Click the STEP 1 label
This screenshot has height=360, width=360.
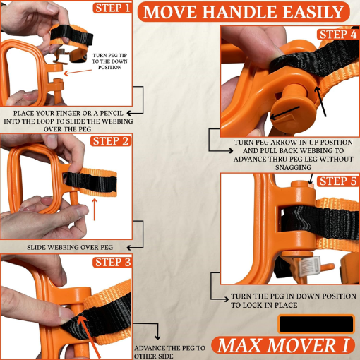(x=112, y=9)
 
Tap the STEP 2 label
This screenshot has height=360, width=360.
(x=111, y=140)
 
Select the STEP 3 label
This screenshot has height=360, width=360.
(x=111, y=263)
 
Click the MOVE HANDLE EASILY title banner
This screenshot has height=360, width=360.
(x=244, y=12)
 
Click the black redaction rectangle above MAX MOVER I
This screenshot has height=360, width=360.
(x=316, y=324)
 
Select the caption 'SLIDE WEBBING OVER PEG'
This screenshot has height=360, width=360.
(x=71, y=248)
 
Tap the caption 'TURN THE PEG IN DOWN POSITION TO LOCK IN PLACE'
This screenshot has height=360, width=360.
(x=282, y=301)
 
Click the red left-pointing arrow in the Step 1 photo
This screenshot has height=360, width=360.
(x=62, y=72)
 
